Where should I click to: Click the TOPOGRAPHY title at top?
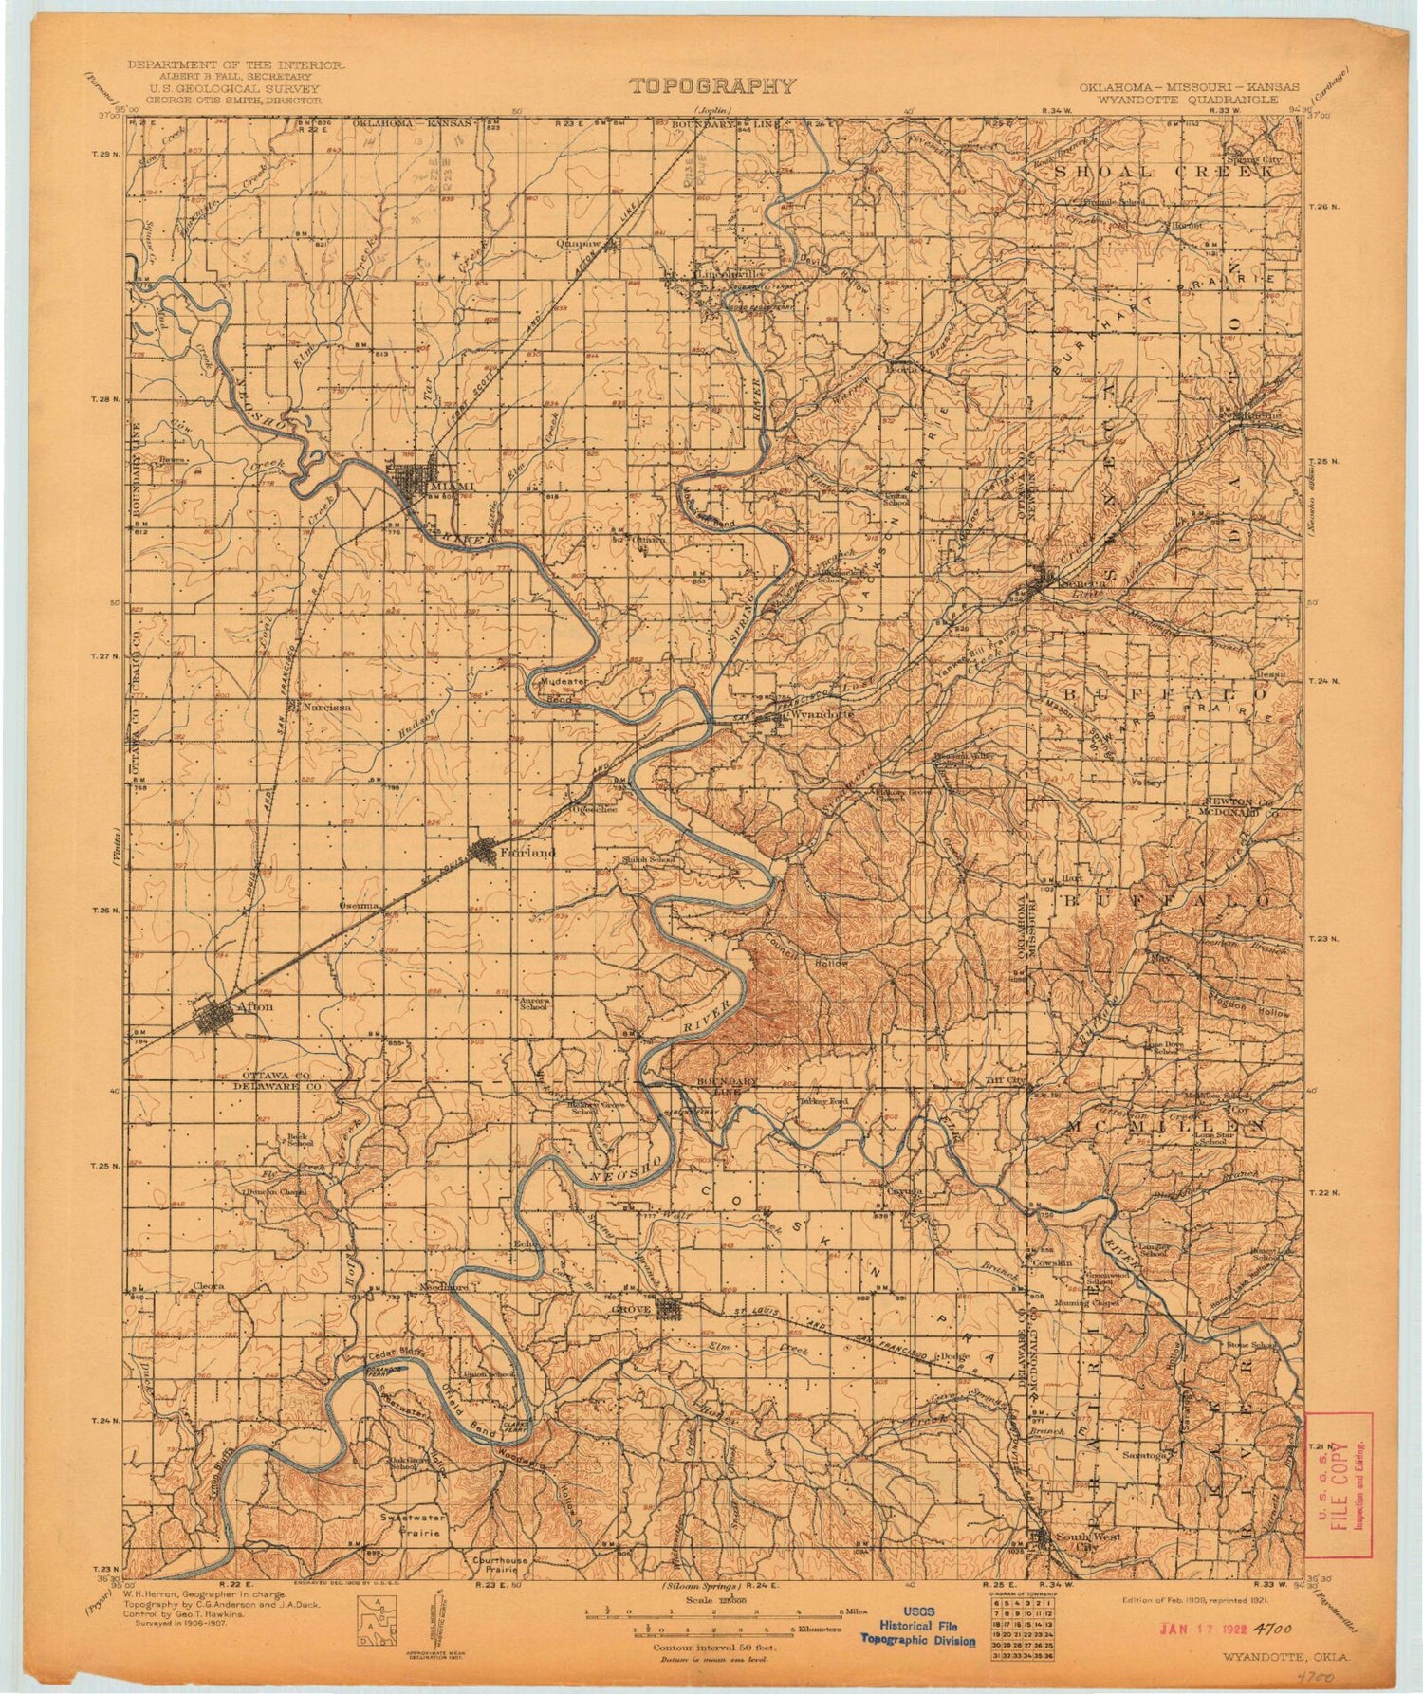coord(711,87)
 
